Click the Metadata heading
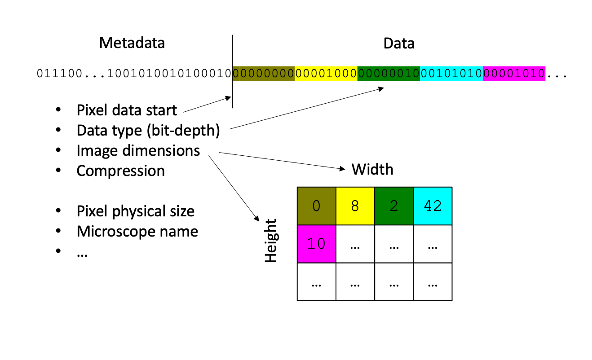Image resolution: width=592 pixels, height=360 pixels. (132, 43)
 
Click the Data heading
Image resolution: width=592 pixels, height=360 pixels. (398, 44)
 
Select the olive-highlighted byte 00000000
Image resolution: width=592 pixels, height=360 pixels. (263, 74)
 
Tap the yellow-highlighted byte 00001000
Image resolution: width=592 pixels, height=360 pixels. (326, 74)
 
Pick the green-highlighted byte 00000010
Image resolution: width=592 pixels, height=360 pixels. (389, 74)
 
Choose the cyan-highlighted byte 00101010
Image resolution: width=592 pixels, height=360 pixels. (451, 74)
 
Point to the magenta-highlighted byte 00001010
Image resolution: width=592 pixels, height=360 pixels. (514, 74)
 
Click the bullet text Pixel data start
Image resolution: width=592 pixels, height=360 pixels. (127, 110)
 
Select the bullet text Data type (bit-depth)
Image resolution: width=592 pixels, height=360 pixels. (148, 130)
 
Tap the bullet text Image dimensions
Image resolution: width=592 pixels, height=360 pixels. (138, 150)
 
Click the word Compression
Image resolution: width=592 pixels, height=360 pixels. (120, 171)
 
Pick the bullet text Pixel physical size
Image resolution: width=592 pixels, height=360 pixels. (136, 211)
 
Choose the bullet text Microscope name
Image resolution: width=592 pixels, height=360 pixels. (137, 232)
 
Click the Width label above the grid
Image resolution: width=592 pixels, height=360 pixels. (372, 169)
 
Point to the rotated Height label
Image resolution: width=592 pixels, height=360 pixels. (271, 241)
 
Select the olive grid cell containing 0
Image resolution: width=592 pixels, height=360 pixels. (317, 206)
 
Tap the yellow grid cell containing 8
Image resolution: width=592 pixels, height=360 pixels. (355, 206)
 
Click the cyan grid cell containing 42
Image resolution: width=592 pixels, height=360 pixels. (433, 206)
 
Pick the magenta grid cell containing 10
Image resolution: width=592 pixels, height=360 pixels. (317, 244)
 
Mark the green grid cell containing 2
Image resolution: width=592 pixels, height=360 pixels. (393, 206)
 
